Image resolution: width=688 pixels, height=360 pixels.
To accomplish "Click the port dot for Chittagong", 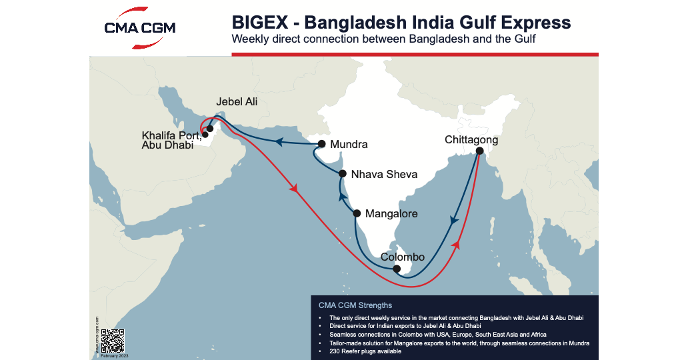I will click(x=479, y=151).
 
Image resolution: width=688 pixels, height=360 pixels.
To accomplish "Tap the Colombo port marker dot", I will click(x=397, y=269).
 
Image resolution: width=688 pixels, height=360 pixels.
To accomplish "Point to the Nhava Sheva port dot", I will click(x=342, y=174).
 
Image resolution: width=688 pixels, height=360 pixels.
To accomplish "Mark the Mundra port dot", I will click(x=322, y=144).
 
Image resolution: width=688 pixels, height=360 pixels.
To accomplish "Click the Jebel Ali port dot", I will click(x=210, y=129).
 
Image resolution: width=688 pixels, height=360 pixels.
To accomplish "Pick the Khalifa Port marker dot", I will click(x=205, y=135).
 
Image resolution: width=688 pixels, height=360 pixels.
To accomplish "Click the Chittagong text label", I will click(x=471, y=140).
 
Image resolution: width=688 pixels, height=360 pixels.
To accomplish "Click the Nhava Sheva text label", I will click(x=384, y=175).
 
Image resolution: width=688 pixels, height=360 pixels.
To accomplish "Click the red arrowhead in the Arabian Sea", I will click(x=293, y=190).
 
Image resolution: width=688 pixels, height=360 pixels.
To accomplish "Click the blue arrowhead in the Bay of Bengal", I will click(x=455, y=221).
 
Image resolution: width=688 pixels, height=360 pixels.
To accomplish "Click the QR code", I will click(x=114, y=341).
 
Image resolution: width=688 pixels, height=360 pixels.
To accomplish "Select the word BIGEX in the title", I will click(x=256, y=22).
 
